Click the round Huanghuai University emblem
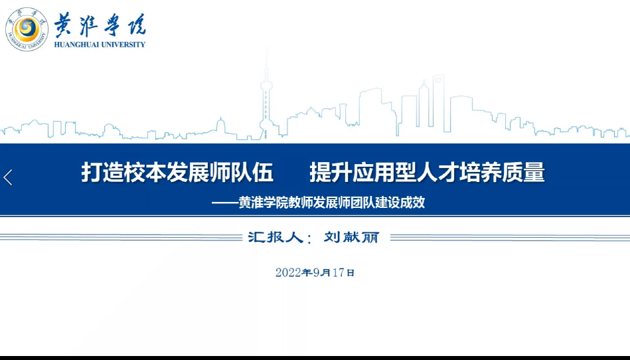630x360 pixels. coord(27,29)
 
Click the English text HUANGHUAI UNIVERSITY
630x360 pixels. coord(100,45)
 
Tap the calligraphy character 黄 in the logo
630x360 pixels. coord(64,25)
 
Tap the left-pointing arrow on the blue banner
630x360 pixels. coord(8,177)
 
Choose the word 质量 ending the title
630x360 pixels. coord(524,172)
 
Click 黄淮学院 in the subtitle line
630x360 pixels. coord(264,203)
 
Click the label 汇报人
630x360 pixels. coord(276,237)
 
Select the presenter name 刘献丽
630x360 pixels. coord(352,237)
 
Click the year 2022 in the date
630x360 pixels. coord(289,272)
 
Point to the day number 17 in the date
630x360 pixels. coord(339,272)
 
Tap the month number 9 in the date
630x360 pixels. coord(316,272)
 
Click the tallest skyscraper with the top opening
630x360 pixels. coord(438,102)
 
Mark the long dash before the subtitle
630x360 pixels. coord(225,203)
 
